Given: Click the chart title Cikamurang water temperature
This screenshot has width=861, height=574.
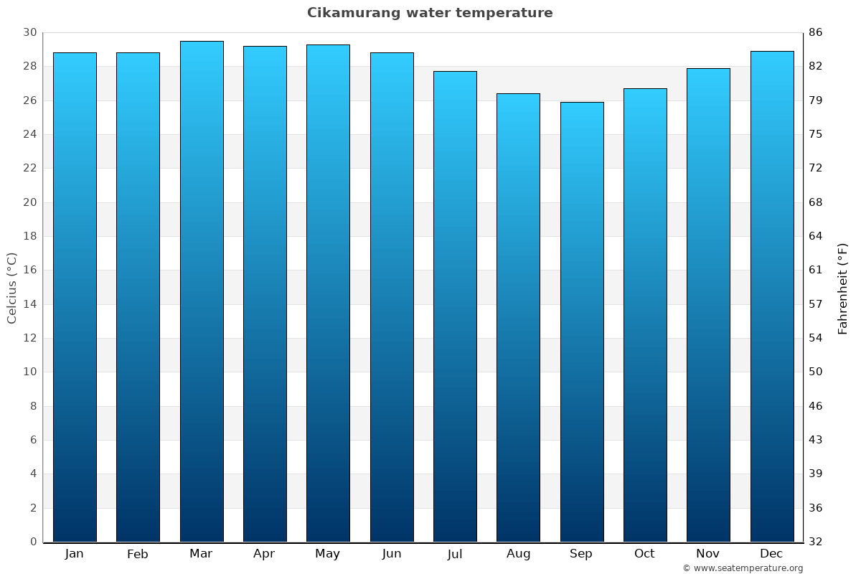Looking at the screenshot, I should click(x=430, y=13).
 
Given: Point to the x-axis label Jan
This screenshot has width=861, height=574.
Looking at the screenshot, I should click(x=75, y=554).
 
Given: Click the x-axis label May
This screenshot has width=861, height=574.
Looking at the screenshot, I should click(x=328, y=554).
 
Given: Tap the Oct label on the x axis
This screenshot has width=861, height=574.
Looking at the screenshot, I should click(x=644, y=554).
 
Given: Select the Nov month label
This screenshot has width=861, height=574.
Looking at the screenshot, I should click(x=708, y=554).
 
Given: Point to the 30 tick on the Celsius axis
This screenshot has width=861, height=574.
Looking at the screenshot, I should click(x=29, y=32).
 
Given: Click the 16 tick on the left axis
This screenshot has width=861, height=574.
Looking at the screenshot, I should click(x=29, y=270).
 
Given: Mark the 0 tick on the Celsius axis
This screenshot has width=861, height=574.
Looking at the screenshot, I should click(x=33, y=542).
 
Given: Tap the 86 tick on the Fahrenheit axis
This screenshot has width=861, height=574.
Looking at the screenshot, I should click(x=815, y=32).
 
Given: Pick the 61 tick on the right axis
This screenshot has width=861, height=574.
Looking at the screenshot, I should click(x=815, y=270).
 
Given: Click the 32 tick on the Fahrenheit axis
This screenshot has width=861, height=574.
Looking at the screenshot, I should click(x=815, y=542).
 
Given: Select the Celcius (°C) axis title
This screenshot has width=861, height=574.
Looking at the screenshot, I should click(x=11, y=288).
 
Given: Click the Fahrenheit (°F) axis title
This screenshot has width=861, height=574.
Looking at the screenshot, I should click(x=842, y=288).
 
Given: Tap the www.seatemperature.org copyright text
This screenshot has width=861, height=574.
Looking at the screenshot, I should click(x=743, y=568).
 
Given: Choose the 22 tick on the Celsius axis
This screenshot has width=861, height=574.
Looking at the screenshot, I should click(x=29, y=168).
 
